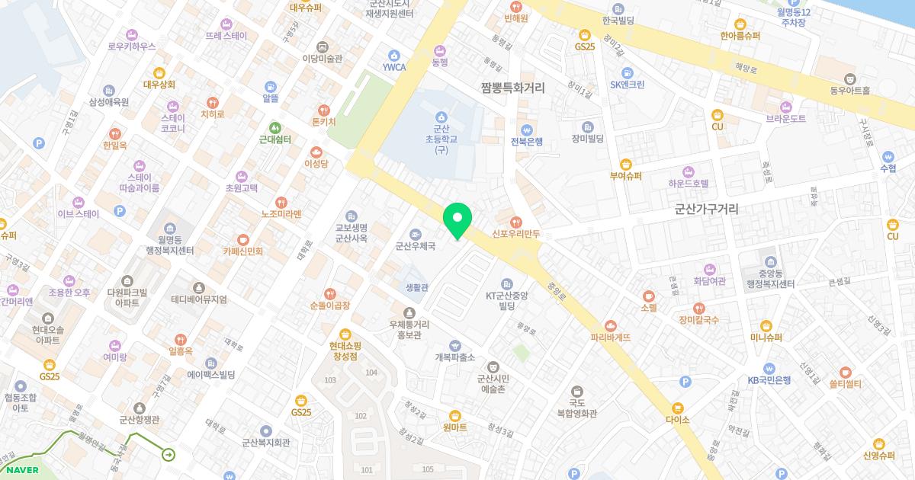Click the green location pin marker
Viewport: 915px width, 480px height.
click(457, 220)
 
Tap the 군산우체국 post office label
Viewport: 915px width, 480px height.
click(415, 246)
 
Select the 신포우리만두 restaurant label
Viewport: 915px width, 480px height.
click(516, 234)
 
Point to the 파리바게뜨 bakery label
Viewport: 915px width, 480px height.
click(610, 337)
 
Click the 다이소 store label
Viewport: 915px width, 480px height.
click(677, 419)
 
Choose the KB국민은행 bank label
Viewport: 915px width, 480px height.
click(769, 379)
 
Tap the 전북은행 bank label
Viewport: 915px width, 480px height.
click(526, 141)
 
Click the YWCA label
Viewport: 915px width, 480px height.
click(394, 66)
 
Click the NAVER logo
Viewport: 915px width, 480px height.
click(22, 470)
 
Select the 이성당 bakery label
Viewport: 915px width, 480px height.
click(316, 163)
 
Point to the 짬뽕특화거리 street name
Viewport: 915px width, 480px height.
click(512, 88)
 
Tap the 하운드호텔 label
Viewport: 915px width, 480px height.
click(689, 183)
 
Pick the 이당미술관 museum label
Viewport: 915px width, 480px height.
click(322, 58)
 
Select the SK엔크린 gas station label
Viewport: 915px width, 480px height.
click(628, 84)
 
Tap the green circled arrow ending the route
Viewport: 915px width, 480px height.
click(169, 455)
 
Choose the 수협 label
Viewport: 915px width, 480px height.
click(888, 168)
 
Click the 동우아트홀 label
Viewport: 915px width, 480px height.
click(849, 89)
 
